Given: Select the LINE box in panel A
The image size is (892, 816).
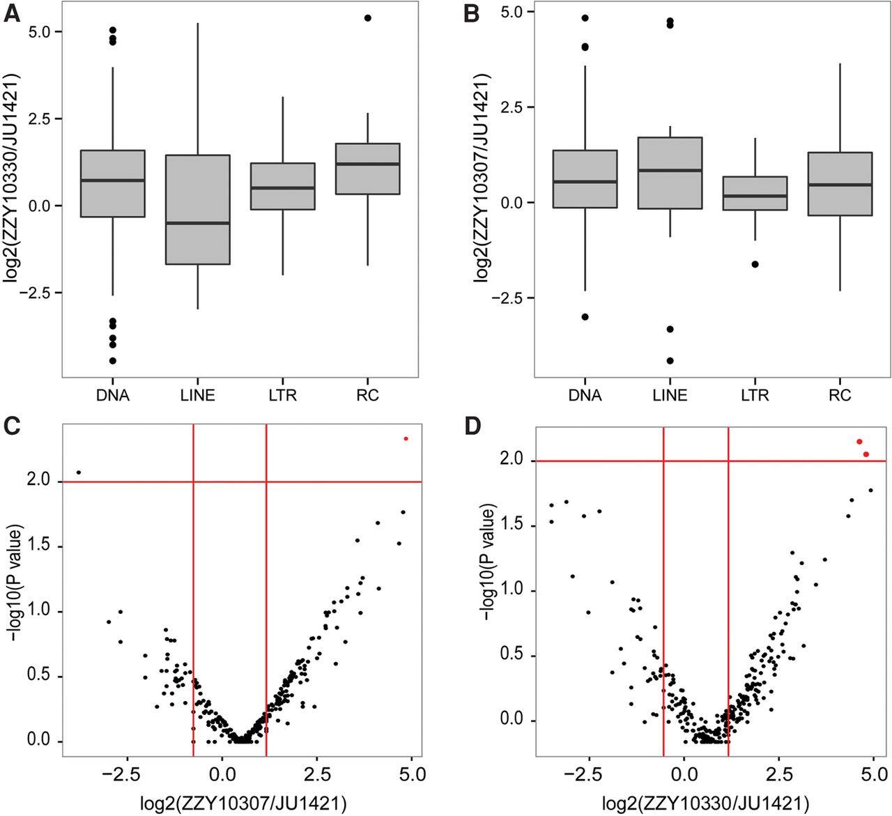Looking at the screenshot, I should click(x=198, y=209).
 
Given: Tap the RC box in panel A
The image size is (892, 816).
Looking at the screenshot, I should click(x=367, y=169).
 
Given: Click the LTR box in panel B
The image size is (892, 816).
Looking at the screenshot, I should click(x=755, y=193).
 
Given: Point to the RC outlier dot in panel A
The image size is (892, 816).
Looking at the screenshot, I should click(x=368, y=18).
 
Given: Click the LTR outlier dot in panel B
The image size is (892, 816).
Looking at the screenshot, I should click(x=755, y=264).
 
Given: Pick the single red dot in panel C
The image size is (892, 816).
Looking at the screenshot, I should click(x=406, y=438).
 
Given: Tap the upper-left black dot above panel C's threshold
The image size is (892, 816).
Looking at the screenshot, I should click(x=79, y=472).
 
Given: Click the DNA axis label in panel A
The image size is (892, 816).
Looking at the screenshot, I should click(x=114, y=396).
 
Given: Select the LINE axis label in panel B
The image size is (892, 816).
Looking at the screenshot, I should click(x=670, y=396).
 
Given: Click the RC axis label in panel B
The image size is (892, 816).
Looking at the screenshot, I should click(x=840, y=396).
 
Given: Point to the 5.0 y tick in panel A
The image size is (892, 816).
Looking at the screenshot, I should click(x=42, y=32).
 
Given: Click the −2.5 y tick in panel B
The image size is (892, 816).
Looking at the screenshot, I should click(x=508, y=298).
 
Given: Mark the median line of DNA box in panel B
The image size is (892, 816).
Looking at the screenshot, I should click(x=585, y=182).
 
